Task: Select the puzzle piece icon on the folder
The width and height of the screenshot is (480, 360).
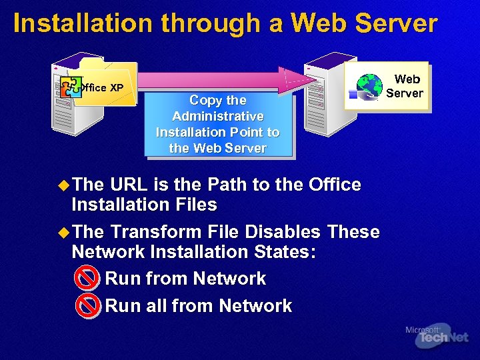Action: click(70, 87)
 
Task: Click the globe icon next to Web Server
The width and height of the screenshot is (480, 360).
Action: click(369, 86)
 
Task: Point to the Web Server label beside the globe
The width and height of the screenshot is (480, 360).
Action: click(405, 86)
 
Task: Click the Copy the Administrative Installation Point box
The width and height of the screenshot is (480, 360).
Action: click(218, 124)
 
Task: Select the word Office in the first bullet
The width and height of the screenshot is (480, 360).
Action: click(335, 185)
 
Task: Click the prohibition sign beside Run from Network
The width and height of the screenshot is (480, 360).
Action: click(87, 279)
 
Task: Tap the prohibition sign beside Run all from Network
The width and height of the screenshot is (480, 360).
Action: click(87, 306)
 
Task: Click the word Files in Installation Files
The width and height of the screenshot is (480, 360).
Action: click(194, 205)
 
